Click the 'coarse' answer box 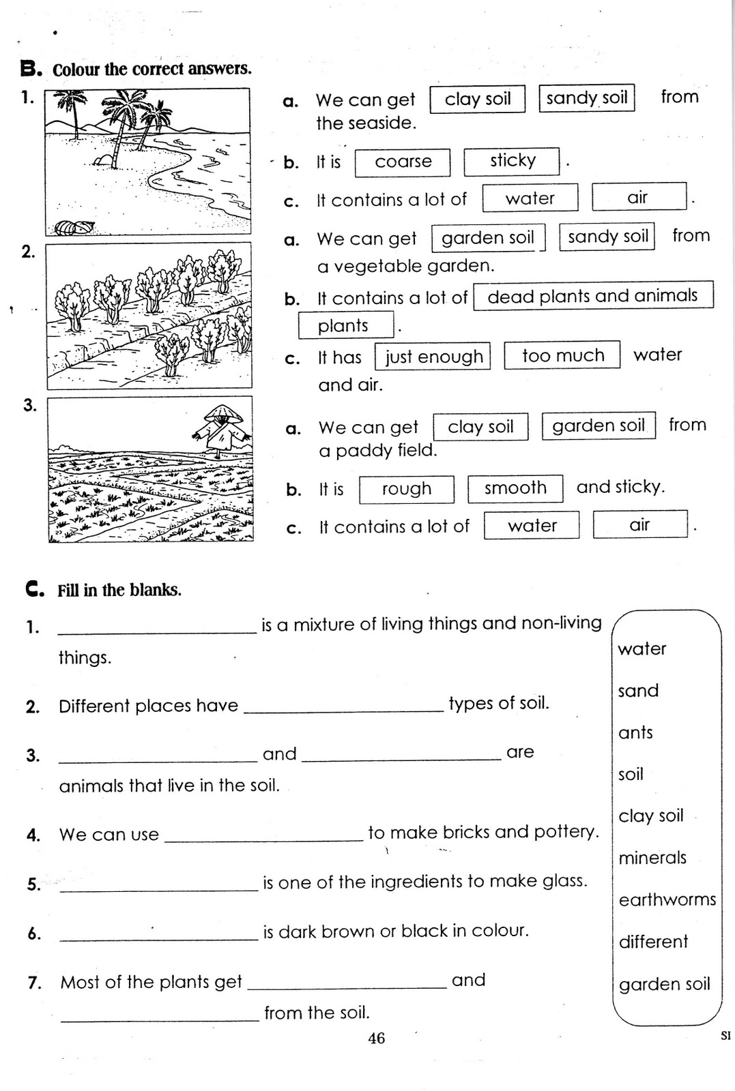(x=403, y=162)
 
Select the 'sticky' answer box (x=512, y=161)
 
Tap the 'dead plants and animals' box (x=592, y=296)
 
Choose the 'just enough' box (x=433, y=357)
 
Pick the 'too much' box (x=562, y=355)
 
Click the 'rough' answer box (x=406, y=489)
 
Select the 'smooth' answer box (x=515, y=488)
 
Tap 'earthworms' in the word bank (x=667, y=900)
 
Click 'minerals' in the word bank (x=652, y=858)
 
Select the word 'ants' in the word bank (x=635, y=733)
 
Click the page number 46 (x=376, y=1038)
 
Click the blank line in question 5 (x=159, y=888)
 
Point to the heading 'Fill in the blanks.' (x=119, y=591)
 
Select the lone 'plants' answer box (x=345, y=325)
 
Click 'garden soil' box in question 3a (x=598, y=426)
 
